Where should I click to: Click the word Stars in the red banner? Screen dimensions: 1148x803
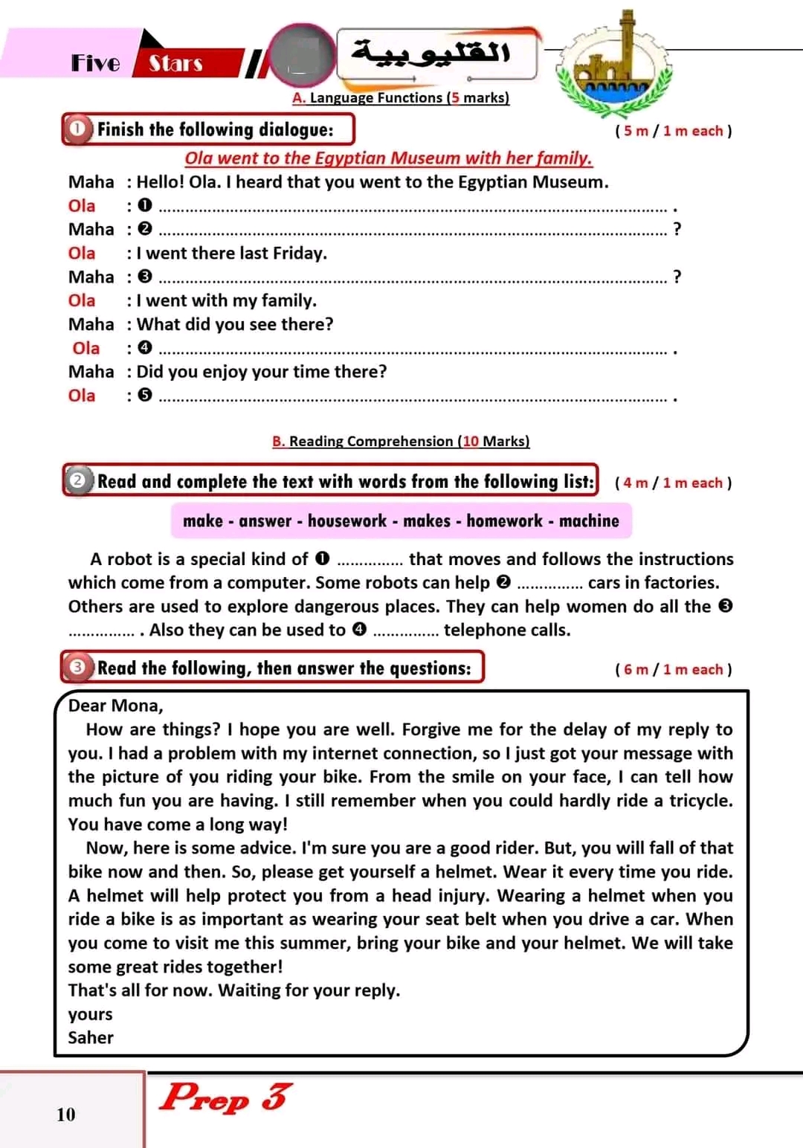(x=175, y=64)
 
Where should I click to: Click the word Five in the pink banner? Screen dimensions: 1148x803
(x=95, y=63)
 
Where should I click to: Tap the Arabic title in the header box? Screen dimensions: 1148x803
(x=432, y=52)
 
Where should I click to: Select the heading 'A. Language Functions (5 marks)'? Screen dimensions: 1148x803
(x=401, y=97)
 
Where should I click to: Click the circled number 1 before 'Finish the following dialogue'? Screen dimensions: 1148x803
(x=77, y=129)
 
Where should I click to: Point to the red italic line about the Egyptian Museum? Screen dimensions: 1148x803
(x=388, y=158)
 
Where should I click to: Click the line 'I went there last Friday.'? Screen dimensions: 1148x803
(x=231, y=253)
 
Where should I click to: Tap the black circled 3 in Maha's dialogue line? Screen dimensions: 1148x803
(x=145, y=277)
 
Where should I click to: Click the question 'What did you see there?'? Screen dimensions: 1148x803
(x=235, y=324)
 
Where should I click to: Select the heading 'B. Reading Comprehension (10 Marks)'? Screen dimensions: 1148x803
(x=401, y=441)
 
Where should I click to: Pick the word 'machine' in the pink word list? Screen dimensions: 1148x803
(x=589, y=520)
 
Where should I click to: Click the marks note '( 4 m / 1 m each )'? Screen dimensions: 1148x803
(x=673, y=483)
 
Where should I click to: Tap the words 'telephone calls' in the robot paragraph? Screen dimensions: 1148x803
(x=507, y=630)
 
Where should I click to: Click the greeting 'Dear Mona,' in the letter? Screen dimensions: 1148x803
(x=115, y=706)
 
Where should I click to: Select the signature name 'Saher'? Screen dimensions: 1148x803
(x=91, y=1037)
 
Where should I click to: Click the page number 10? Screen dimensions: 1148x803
(x=66, y=1114)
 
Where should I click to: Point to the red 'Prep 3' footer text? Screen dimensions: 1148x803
(x=226, y=1097)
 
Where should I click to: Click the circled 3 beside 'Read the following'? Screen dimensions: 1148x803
(x=77, y=668)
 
